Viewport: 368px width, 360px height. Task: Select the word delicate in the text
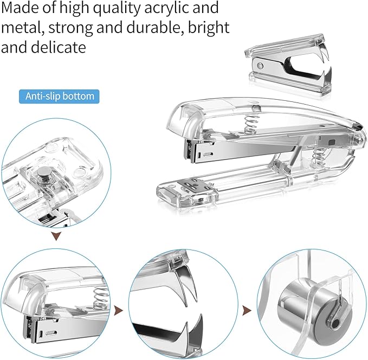tap(59, 48)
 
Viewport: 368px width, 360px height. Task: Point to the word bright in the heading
tap(208, 28)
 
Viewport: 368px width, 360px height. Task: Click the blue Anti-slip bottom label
tap(60, 97)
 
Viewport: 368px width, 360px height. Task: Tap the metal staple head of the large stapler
tap(196, 150)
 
